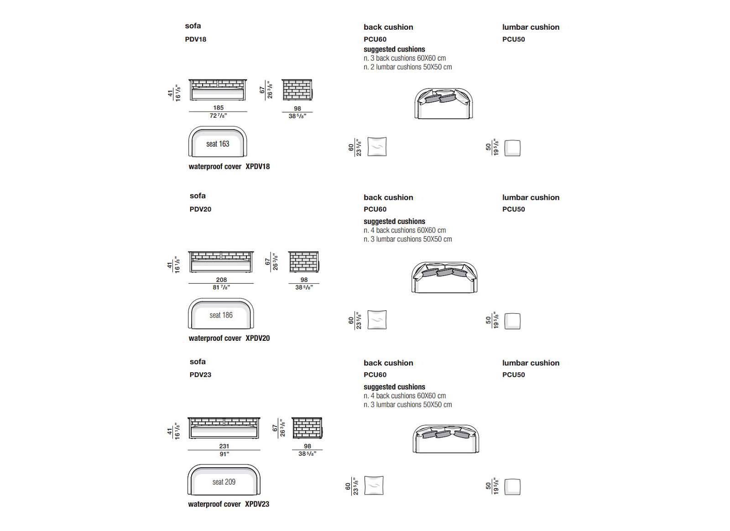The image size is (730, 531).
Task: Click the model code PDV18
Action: click(x=195, y=39)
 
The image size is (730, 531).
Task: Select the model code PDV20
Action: click(x=200, y=209)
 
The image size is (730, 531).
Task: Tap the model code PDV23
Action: click(x=200, y=375)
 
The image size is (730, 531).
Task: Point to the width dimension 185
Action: click(x=219, y=108)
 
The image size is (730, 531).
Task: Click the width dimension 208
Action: click(x=221, y=280)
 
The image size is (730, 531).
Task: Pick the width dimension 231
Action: click(x=224, y=446)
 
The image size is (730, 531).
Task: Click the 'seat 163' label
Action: click(x=218, y=144)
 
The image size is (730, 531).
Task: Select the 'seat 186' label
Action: click(x=221, y=315)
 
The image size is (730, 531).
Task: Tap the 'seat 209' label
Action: click(x=224, y=482)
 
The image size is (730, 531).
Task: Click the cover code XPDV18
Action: click(x=258, y=167)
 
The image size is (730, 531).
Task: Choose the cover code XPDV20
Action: click(x=258, y=338)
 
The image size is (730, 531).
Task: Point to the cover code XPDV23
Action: click(x=257, y=504)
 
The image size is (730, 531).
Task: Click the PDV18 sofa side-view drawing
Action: click(x=297, y=90)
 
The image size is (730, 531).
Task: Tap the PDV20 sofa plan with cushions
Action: click(x=444, y=277)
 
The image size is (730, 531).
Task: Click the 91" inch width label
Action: click(x=224, y=454)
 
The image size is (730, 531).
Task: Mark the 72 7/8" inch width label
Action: click(x=219, y=116)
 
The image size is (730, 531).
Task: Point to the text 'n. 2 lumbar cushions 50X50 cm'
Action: click(x=407, y=67)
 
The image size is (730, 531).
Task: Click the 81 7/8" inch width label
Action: click(x=221, y=287)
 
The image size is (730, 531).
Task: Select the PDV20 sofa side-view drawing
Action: click(x=304, y=261)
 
